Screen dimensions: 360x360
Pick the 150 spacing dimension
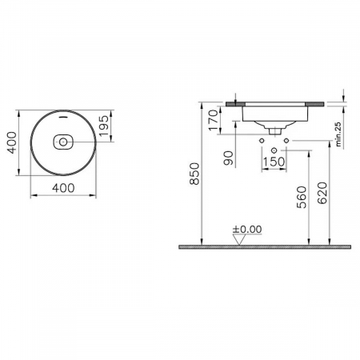274,163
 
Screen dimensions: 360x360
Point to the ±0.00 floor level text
247,229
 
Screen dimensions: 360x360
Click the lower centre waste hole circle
274,150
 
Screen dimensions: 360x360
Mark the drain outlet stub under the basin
274,128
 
